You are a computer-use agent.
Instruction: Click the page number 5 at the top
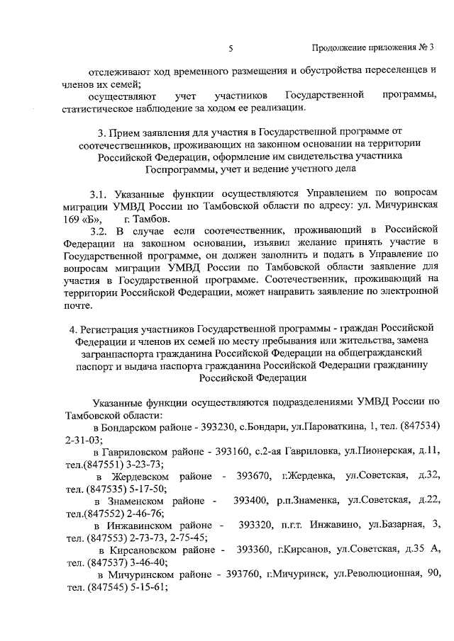click(231, 48)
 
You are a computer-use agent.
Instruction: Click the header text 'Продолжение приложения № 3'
click(373, 48)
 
